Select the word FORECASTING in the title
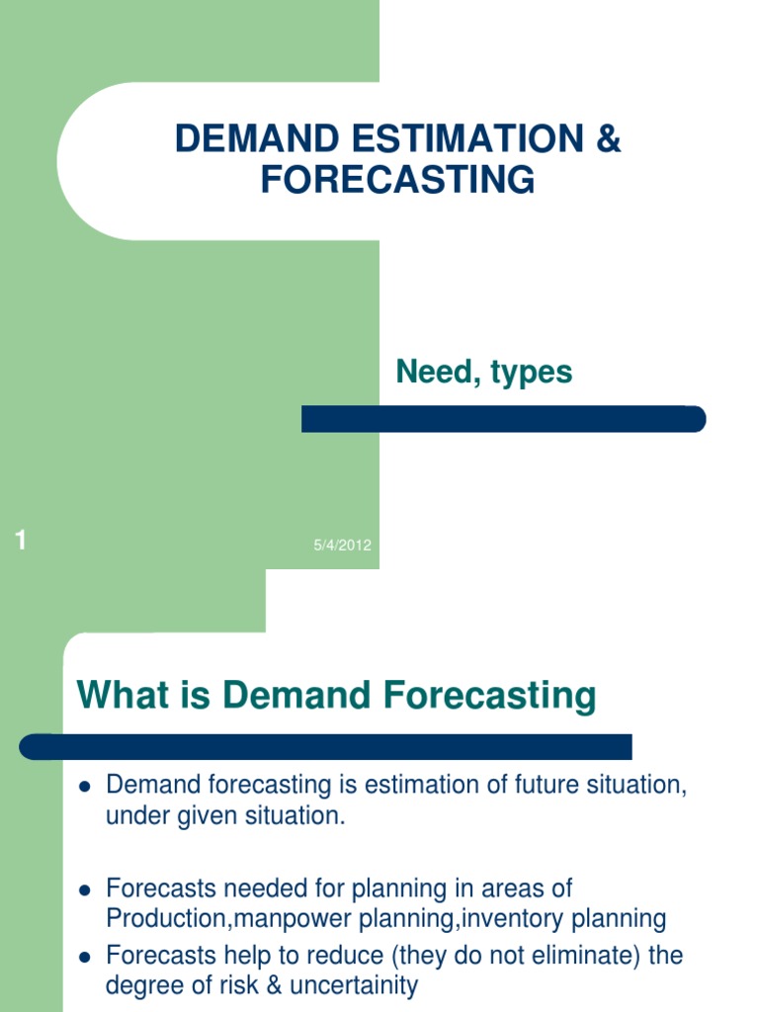(398, 181)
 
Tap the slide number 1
(21, 540)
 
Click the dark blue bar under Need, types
(503, 419)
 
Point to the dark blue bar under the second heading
(326, 746)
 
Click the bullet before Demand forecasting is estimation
(84, 787)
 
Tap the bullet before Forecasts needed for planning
(84, 889)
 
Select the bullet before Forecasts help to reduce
(84, 958)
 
